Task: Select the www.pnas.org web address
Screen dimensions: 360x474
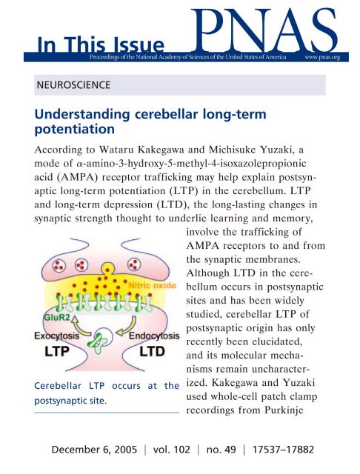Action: coord(322,57)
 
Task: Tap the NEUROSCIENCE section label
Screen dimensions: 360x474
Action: coord(73,85)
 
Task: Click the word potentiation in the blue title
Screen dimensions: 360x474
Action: coord(75,129)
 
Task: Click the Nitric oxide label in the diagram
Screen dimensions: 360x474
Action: coord(152,285)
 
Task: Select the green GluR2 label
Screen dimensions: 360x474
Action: coord(57,318)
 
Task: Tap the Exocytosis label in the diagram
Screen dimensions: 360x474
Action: coord(57,336)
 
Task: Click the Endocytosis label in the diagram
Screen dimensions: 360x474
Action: coord(154,336)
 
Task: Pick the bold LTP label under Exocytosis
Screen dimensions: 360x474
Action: coord(57,351)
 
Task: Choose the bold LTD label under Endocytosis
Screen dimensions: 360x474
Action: coord(152,351)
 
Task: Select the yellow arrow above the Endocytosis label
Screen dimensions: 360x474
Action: coord(127,327)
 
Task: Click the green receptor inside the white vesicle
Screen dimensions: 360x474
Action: coord(97,342)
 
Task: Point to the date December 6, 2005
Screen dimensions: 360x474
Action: coord(94,450)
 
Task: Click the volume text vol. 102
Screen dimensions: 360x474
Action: coord(171,450)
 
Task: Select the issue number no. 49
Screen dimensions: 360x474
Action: coord(221,450)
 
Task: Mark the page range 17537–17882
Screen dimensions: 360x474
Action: coord(283,450)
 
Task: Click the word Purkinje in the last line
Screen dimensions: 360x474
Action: coord(284,410)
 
